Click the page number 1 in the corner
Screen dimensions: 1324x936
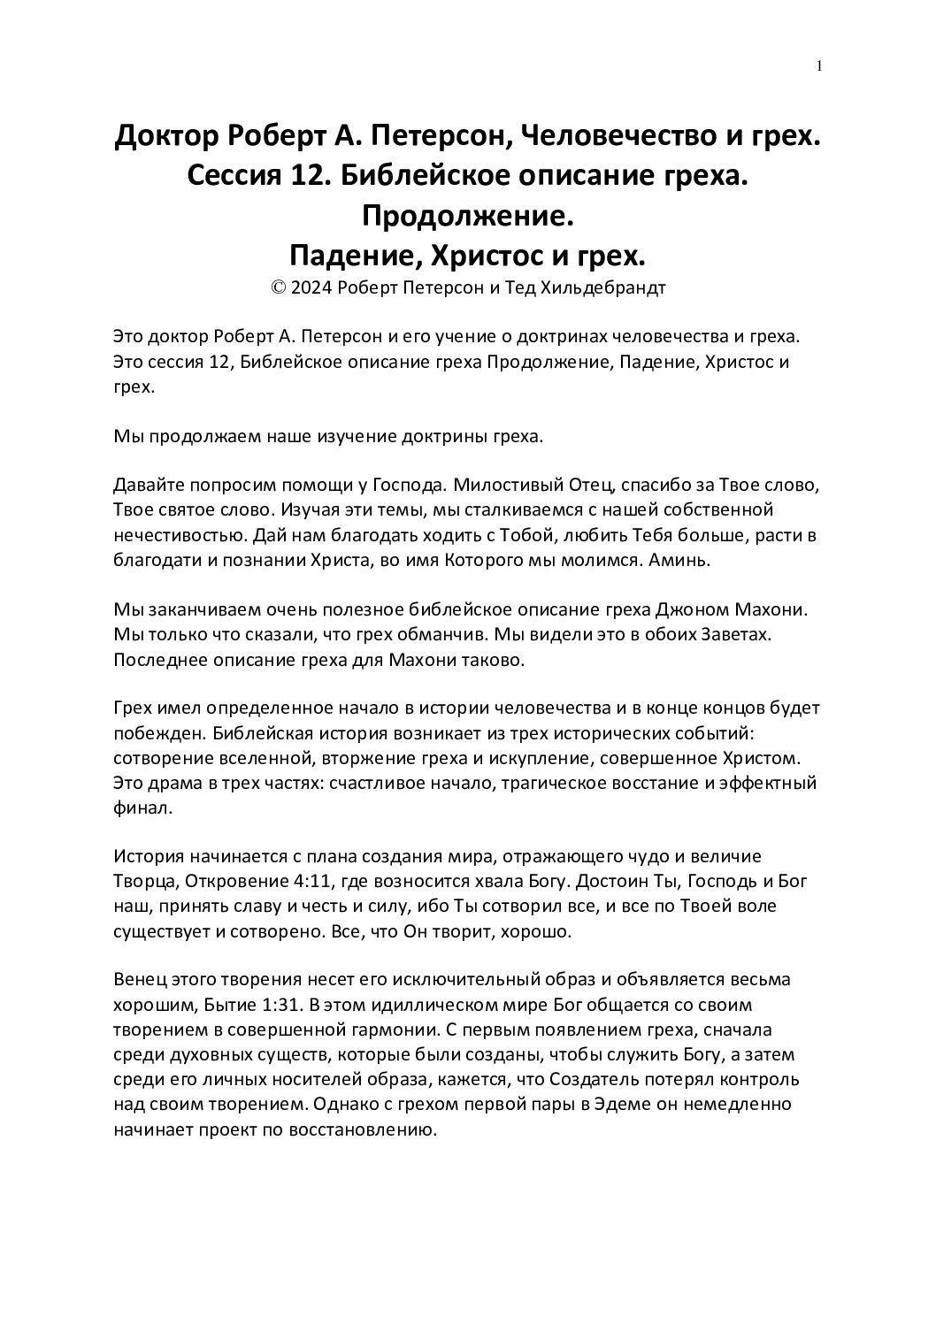click(820, 65)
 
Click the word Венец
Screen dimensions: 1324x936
click(139, 981)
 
